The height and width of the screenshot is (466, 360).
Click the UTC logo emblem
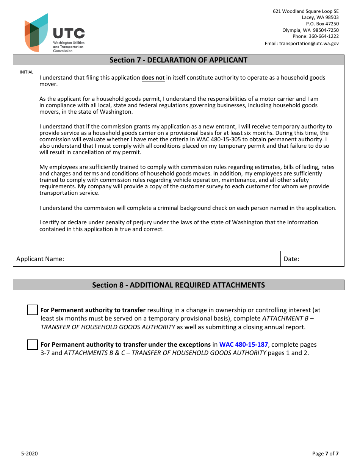(x=37, y=33)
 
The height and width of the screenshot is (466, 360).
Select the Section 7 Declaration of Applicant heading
(x=178, y=60)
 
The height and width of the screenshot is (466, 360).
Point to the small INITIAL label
(x=27, y=72)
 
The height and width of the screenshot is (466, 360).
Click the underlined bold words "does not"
(x=153, y=78)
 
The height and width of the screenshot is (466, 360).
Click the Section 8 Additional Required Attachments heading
(x=178, y=285)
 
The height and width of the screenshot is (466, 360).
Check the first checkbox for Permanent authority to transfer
(x=33, y=310)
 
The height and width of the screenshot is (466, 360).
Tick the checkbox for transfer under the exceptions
(x=33, y=344)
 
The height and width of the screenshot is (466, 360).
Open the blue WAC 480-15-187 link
(x=243, y=344)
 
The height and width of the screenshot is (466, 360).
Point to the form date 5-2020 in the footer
(x=29, y=453)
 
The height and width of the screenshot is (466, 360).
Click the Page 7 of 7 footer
(x=325, y=453)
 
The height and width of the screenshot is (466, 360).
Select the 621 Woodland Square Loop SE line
(x=306, y=11)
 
